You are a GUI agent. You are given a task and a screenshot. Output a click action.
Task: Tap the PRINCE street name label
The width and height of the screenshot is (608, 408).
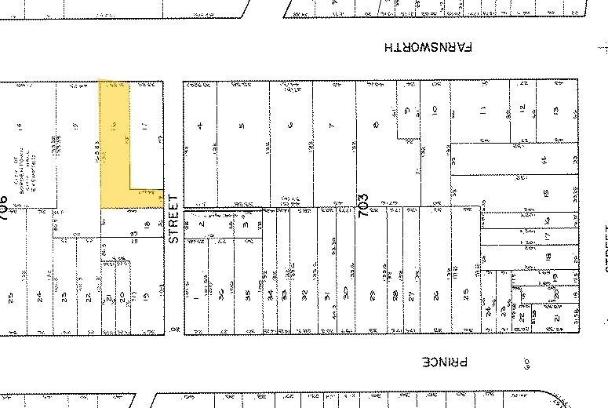(x=445, y=362)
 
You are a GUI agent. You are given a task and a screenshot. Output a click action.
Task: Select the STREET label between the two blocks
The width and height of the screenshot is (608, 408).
(x=174, y=219)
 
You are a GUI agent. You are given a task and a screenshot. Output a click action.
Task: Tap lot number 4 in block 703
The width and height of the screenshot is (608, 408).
(x=201, y=125)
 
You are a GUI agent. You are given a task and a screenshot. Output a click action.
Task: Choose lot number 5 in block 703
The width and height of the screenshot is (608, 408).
(x=242, y=125)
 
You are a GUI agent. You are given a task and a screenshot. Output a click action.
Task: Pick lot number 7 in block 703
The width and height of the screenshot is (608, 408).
(x=333, y=125)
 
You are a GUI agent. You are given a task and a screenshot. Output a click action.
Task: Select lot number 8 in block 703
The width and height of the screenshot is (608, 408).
(x=377, y=125)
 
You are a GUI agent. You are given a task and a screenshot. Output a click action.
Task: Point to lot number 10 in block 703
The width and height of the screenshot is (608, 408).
(x=434, y=111)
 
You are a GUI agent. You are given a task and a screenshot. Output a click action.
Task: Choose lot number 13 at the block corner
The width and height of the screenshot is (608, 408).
(x=555, y=110)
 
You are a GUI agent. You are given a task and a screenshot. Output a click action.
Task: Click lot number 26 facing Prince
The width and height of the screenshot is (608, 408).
(x=434, y=295)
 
